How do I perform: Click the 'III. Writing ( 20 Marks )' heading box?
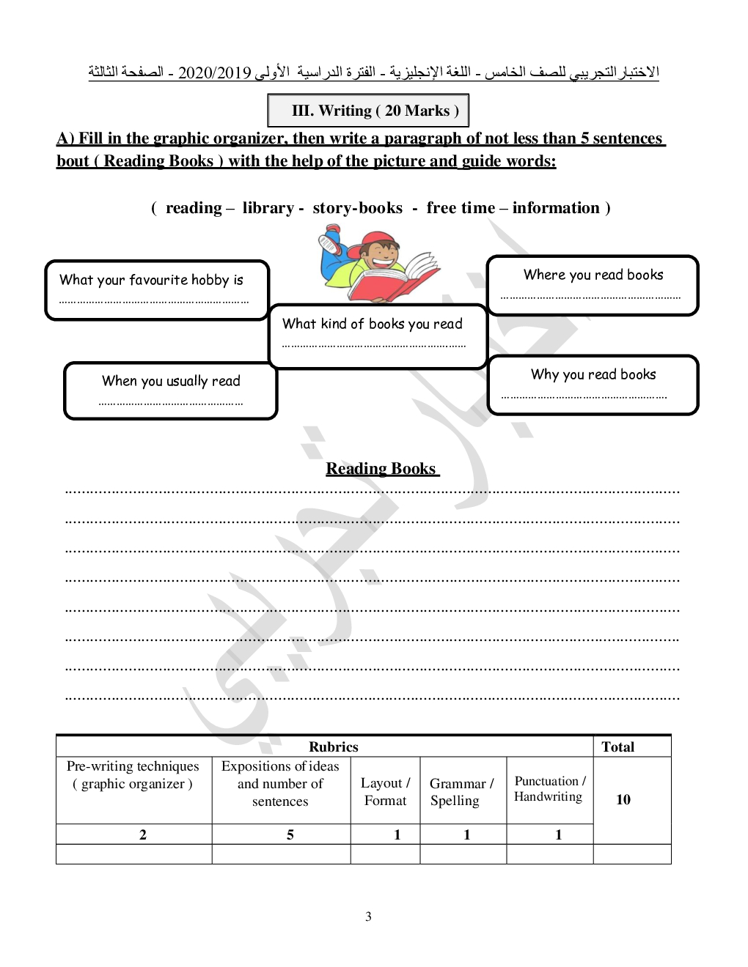[368, 111]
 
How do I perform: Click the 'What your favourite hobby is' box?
[157, 290]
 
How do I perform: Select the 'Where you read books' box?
[593, 285]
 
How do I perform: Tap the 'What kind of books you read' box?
[378, 336]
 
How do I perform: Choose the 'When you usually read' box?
[171, 390]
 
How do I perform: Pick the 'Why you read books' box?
[593, 385]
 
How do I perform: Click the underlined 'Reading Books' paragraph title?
[382, 469]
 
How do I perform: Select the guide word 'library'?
[268, 208]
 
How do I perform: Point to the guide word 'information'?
[556, 208]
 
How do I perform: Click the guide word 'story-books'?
[358, 208]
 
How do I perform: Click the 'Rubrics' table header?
[333, 747]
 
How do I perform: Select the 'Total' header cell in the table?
[617, 747]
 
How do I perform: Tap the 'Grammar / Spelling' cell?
[462, 792]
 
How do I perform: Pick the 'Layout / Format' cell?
[385, 792]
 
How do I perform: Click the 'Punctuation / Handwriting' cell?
[549, 789]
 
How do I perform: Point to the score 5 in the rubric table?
[290, 834]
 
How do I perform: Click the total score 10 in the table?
[623, 799]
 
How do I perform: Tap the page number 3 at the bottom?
[368, 916]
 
